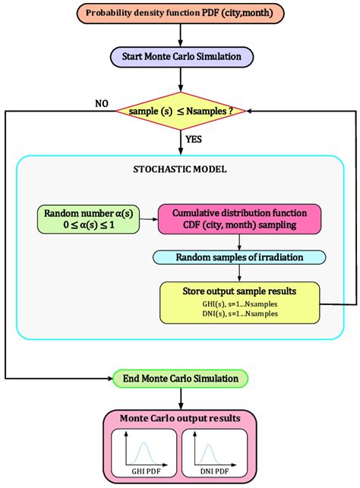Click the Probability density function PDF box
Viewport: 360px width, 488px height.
[x=180, y=14]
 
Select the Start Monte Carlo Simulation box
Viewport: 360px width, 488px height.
[x=180, y=57]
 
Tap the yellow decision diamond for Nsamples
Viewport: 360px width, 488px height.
[x=180, y=111]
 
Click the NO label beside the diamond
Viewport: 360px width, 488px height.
[x=101, y=103]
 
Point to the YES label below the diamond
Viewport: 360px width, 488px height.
[x=193, y=139]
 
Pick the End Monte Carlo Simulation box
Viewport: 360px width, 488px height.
[x=180, y=378]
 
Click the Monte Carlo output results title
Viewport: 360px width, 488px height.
[x=180, y=419]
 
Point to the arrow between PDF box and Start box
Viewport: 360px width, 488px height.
[x=180, y=36]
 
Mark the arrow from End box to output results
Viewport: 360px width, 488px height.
[x=180, y=397]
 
